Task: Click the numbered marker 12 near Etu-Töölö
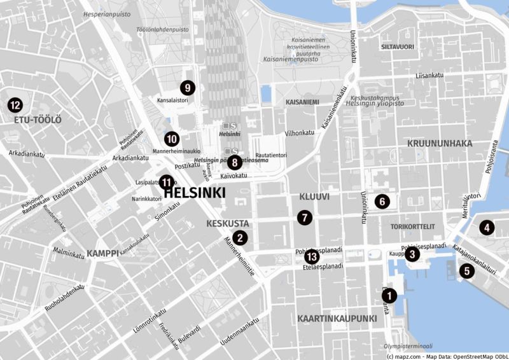14,105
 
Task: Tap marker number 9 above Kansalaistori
187,88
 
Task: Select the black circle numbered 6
382,202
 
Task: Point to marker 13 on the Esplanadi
311,256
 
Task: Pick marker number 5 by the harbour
467,272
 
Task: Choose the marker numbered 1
389,295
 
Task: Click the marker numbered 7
305,218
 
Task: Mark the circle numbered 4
487,227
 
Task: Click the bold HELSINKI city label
195,192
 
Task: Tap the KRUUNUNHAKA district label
440,144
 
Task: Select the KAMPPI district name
103,253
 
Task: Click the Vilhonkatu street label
300,133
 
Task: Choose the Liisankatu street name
429,76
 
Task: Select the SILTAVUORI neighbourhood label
397,47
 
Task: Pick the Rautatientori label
271,155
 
